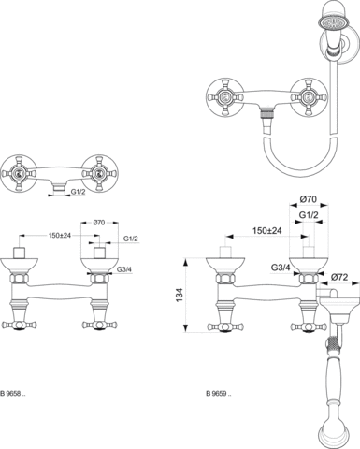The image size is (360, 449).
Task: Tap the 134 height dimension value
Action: [180, 295]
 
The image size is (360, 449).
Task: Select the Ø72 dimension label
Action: [339, 277]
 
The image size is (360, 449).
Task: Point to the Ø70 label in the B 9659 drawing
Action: [309, 199]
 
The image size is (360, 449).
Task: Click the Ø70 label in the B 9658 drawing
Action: [99, 223]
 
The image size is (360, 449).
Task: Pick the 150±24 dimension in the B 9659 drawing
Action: [267, 231]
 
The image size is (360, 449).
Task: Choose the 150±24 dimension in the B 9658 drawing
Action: [60, 236]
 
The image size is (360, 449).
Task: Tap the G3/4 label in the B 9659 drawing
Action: [281, 268]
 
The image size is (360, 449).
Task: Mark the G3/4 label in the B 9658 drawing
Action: [124, 269]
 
